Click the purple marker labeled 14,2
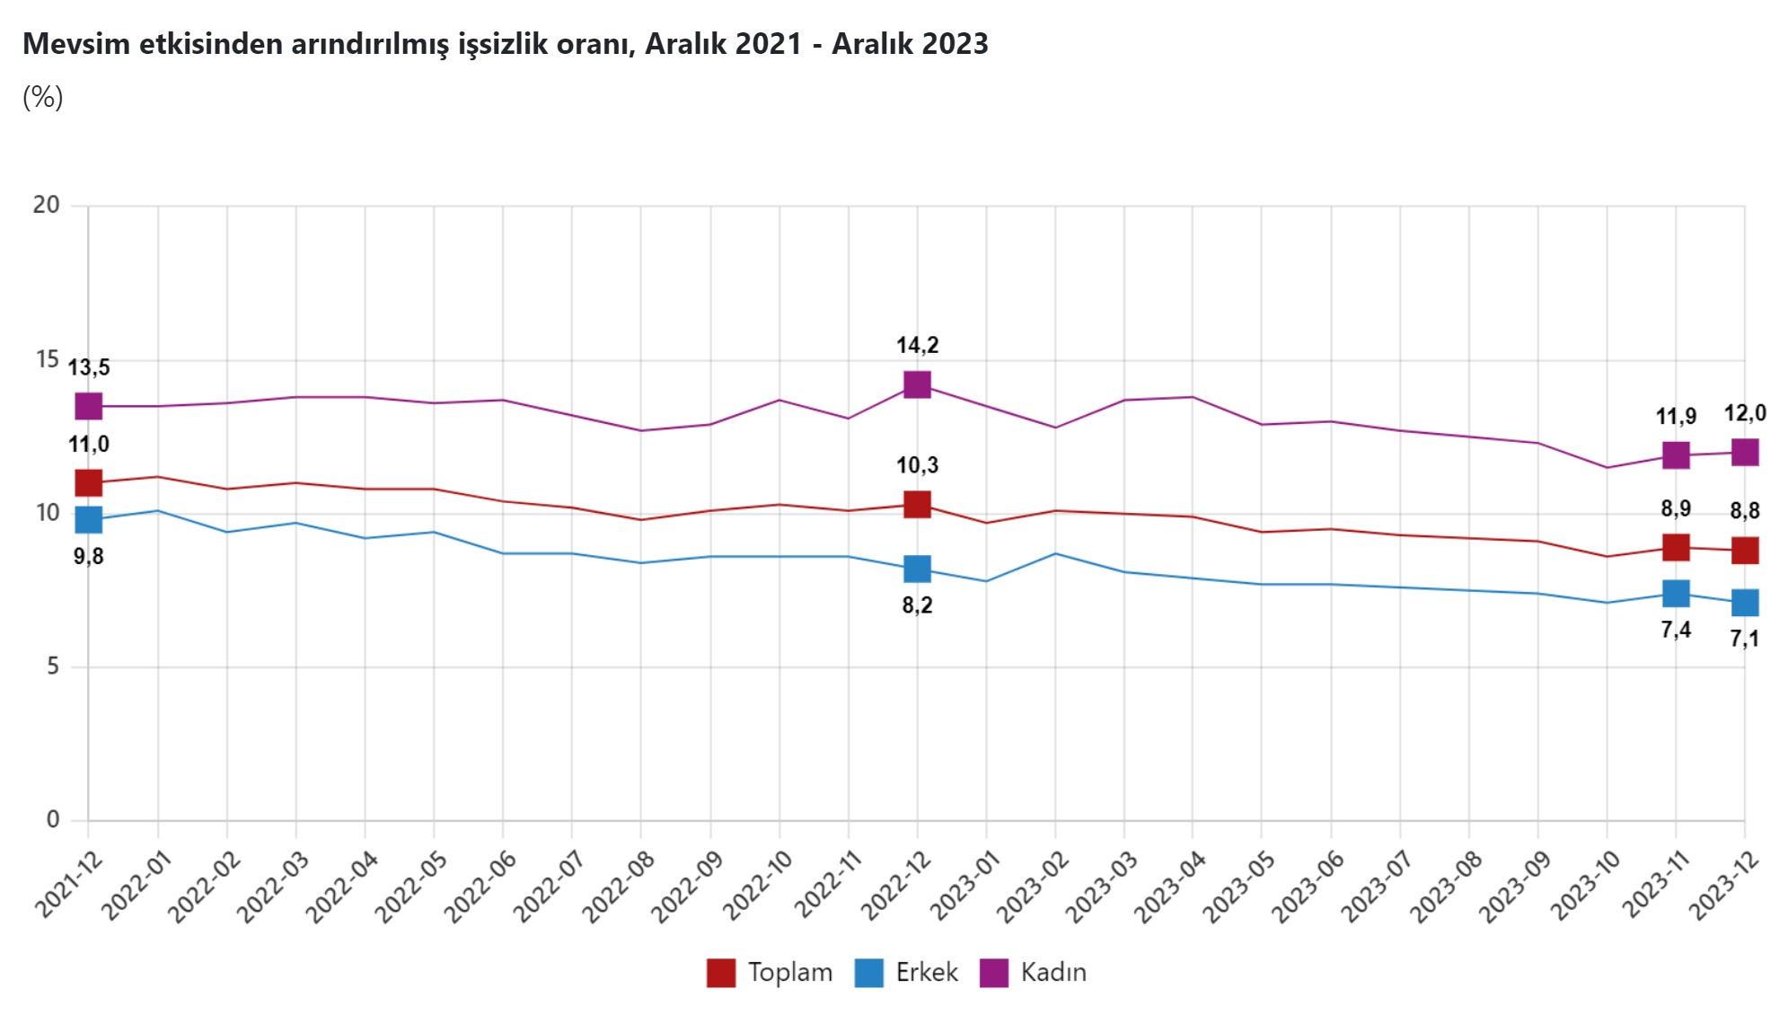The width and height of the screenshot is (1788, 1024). (x=917, y=384)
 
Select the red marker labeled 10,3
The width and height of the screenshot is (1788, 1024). (x=917, y=504)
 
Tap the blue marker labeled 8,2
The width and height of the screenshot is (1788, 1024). (x=917, y=569)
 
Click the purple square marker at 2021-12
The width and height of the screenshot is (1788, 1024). (x=88, y=406)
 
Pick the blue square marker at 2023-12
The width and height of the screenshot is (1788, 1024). (x=1744, y=602)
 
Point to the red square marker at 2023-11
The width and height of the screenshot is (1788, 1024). (x=1676, y=547)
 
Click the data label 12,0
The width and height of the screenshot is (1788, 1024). (x=1744, y=413)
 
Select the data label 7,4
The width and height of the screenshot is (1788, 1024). (x=1676, y=630)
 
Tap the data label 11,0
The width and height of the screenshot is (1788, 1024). (x=89, y=444)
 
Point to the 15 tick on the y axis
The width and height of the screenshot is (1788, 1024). (x=47, y=359)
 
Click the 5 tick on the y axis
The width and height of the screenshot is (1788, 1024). (x=53, y=666)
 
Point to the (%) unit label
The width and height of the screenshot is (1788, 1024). (x=42, y=97)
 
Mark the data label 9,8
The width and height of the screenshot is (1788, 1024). (x=88, y=557)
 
